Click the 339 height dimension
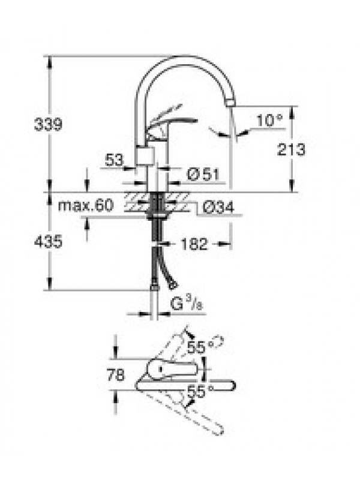click(48, 124)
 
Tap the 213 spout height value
click(291, 149)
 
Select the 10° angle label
click(269, 121)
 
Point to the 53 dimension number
click(114, 160)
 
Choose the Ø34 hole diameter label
click(218, 207)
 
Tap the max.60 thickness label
click(86, 205)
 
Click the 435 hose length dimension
click(48, 242)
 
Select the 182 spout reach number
click(194, 244)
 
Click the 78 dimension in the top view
click(116, 374)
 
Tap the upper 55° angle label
click(200, 347)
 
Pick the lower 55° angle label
click(200, 392)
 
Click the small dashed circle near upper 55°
click(218, 341)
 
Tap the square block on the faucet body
click(144, 156)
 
